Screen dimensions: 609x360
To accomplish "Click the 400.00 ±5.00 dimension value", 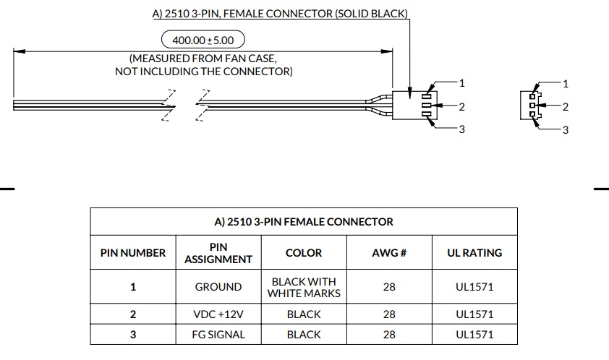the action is click(x=203, y=40).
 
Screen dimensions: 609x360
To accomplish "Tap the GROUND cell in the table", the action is click(x=218, y=287).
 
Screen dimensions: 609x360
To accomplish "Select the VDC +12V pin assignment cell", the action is click(x=218, y=314).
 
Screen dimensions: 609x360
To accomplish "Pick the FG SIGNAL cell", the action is click(x=218, y=335).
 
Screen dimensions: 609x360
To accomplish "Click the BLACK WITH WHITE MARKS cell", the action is click(x=304, y=288).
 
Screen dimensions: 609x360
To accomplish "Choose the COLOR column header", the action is click(x=304, y=253).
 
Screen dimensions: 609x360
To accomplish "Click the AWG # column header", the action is click(x=389, y=253).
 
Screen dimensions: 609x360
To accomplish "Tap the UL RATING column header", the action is click(x=474, y=253).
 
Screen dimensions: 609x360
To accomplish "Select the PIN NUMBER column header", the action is click(x=133, y=253).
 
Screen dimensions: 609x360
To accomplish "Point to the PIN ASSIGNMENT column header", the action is click(x=218, y=253).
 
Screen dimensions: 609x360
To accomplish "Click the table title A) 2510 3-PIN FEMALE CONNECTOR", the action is click(x=304, y=222).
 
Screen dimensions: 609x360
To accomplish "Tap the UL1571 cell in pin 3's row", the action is click(x=474, y=335).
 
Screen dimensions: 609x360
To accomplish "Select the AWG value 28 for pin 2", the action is click(x=389, y=314).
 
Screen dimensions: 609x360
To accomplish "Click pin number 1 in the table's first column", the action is click(x=133, y=287).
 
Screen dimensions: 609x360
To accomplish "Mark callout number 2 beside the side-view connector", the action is click(x=461, y=107).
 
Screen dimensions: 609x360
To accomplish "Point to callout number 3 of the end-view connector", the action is click(x=566, y=130).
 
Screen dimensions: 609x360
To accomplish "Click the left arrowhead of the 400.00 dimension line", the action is click(x=20, y=51).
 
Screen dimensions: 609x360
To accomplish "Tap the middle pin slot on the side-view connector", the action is click(x=427, y=106).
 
